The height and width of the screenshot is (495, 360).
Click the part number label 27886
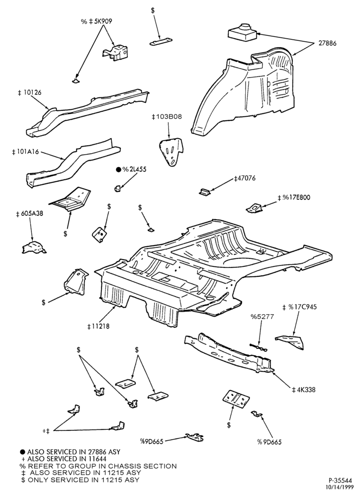tap(327, 43)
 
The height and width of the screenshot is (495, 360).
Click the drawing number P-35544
tap(343, 480)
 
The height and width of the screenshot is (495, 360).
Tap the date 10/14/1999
tap(343, 487)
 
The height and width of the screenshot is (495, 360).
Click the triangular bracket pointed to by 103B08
tap(171, 151)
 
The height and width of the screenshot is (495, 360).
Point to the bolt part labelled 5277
tap(258, 347)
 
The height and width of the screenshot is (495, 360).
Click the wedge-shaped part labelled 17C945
tap(290, 341)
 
